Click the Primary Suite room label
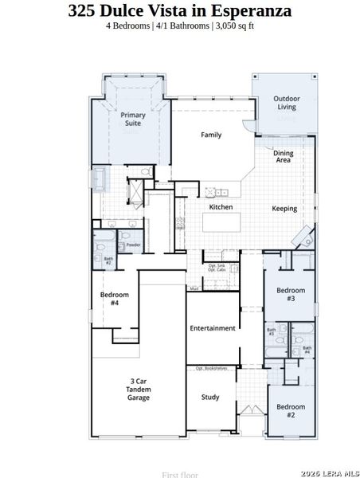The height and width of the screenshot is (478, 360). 133,119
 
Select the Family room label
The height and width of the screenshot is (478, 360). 211,135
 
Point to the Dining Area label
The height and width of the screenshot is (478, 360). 283,156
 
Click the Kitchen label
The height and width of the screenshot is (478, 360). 221,207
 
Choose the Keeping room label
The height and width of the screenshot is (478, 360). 284,209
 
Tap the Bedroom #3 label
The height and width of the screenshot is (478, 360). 291,294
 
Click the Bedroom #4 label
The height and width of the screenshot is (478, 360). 109,299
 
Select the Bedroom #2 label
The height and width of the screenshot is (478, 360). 291,411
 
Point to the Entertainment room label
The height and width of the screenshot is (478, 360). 213,328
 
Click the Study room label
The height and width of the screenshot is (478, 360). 210,397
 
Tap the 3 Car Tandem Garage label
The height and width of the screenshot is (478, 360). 139,390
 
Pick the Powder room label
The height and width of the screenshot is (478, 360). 133,245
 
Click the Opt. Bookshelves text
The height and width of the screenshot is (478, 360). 212,368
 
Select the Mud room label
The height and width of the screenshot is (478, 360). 194,288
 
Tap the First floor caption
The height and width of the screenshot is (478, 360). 179,474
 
